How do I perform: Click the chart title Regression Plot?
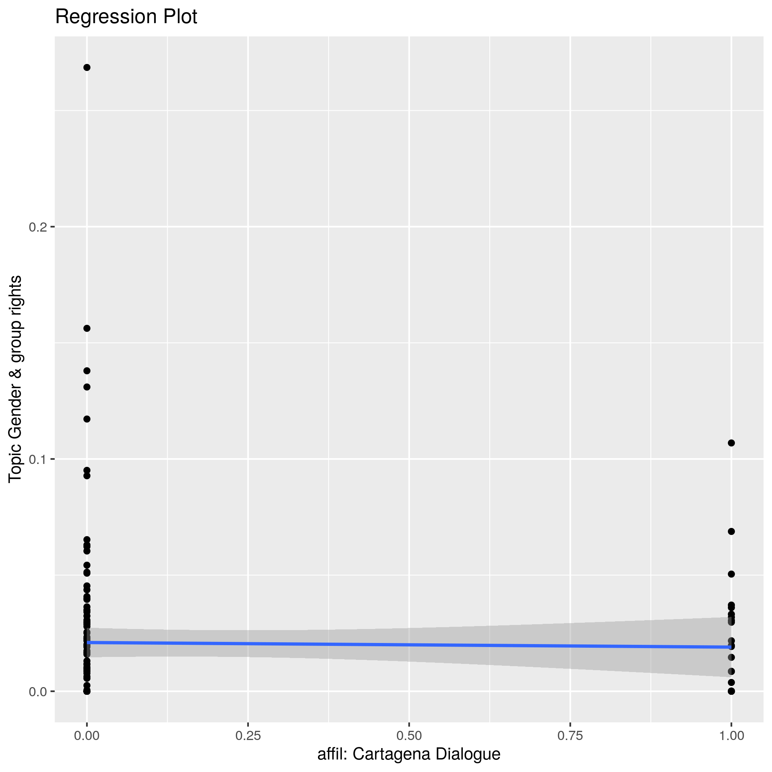126,17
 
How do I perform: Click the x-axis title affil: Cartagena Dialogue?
409,754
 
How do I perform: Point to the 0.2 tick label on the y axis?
38,227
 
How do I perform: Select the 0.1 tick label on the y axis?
38,459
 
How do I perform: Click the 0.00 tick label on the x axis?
87,736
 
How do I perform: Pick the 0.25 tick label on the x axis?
248,736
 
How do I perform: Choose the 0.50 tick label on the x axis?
409,736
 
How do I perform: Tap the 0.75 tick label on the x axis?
570,736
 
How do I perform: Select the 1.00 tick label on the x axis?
731,736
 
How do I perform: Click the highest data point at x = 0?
87,68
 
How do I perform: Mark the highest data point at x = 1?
731,443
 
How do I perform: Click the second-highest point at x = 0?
87,328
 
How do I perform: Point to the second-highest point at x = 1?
731,532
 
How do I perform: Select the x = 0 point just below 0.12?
87,419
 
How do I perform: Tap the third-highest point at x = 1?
731,574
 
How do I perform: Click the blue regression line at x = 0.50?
409,644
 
